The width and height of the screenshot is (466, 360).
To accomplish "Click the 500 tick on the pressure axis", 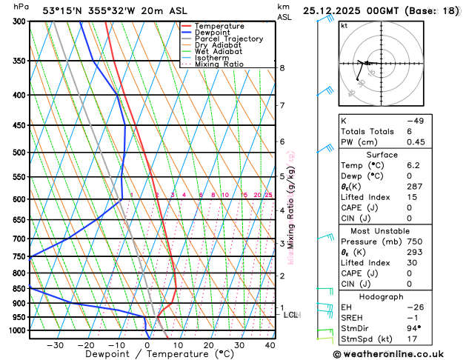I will (x=16, y=153).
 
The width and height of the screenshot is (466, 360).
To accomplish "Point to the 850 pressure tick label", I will (x=16, y=288).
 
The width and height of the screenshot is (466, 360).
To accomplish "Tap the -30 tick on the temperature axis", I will (x=55, y=344).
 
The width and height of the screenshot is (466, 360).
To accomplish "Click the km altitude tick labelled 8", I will (x=282, y=68).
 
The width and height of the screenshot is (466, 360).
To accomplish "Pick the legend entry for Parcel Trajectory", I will (x=228, y=39).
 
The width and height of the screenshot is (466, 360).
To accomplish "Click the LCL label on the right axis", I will (x=291, y=315).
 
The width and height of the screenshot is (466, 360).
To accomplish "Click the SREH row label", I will (x=353, y=317).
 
